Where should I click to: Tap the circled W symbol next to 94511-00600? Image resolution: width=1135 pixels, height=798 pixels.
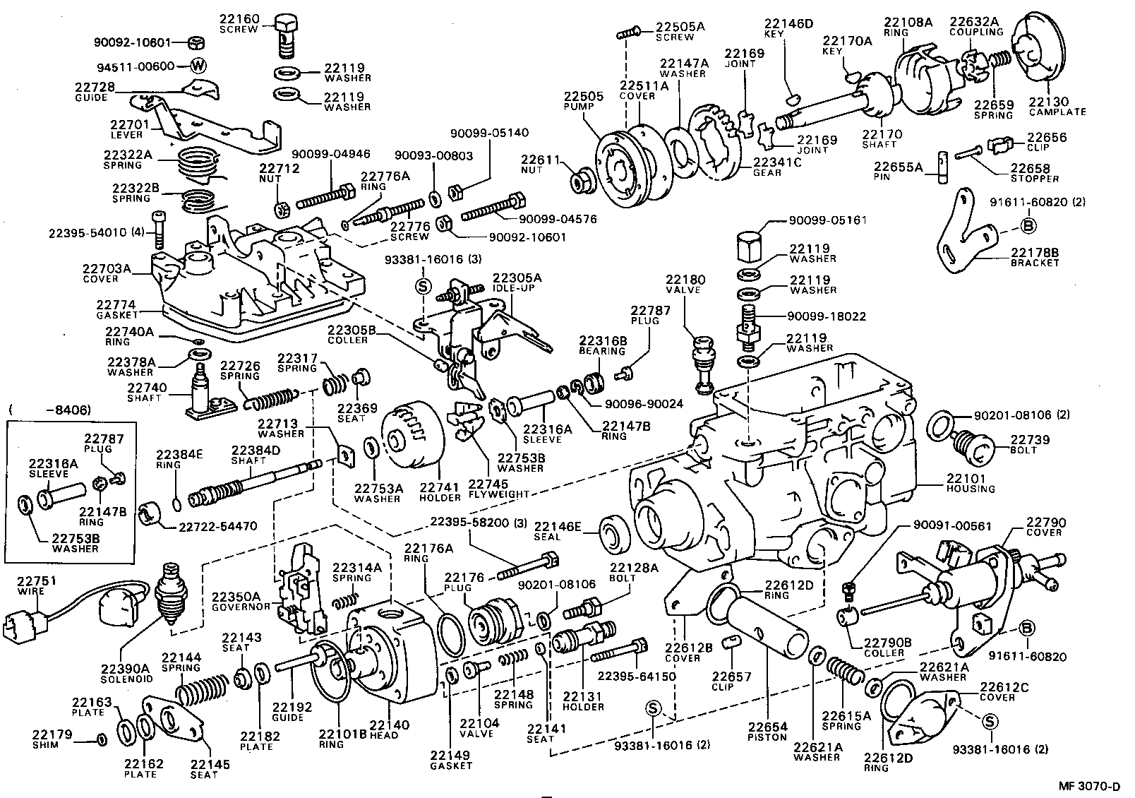(199, 66)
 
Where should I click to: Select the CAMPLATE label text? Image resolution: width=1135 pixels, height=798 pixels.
(1057, 112)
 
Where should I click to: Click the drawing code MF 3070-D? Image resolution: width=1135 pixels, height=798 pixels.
(1094, 785)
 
